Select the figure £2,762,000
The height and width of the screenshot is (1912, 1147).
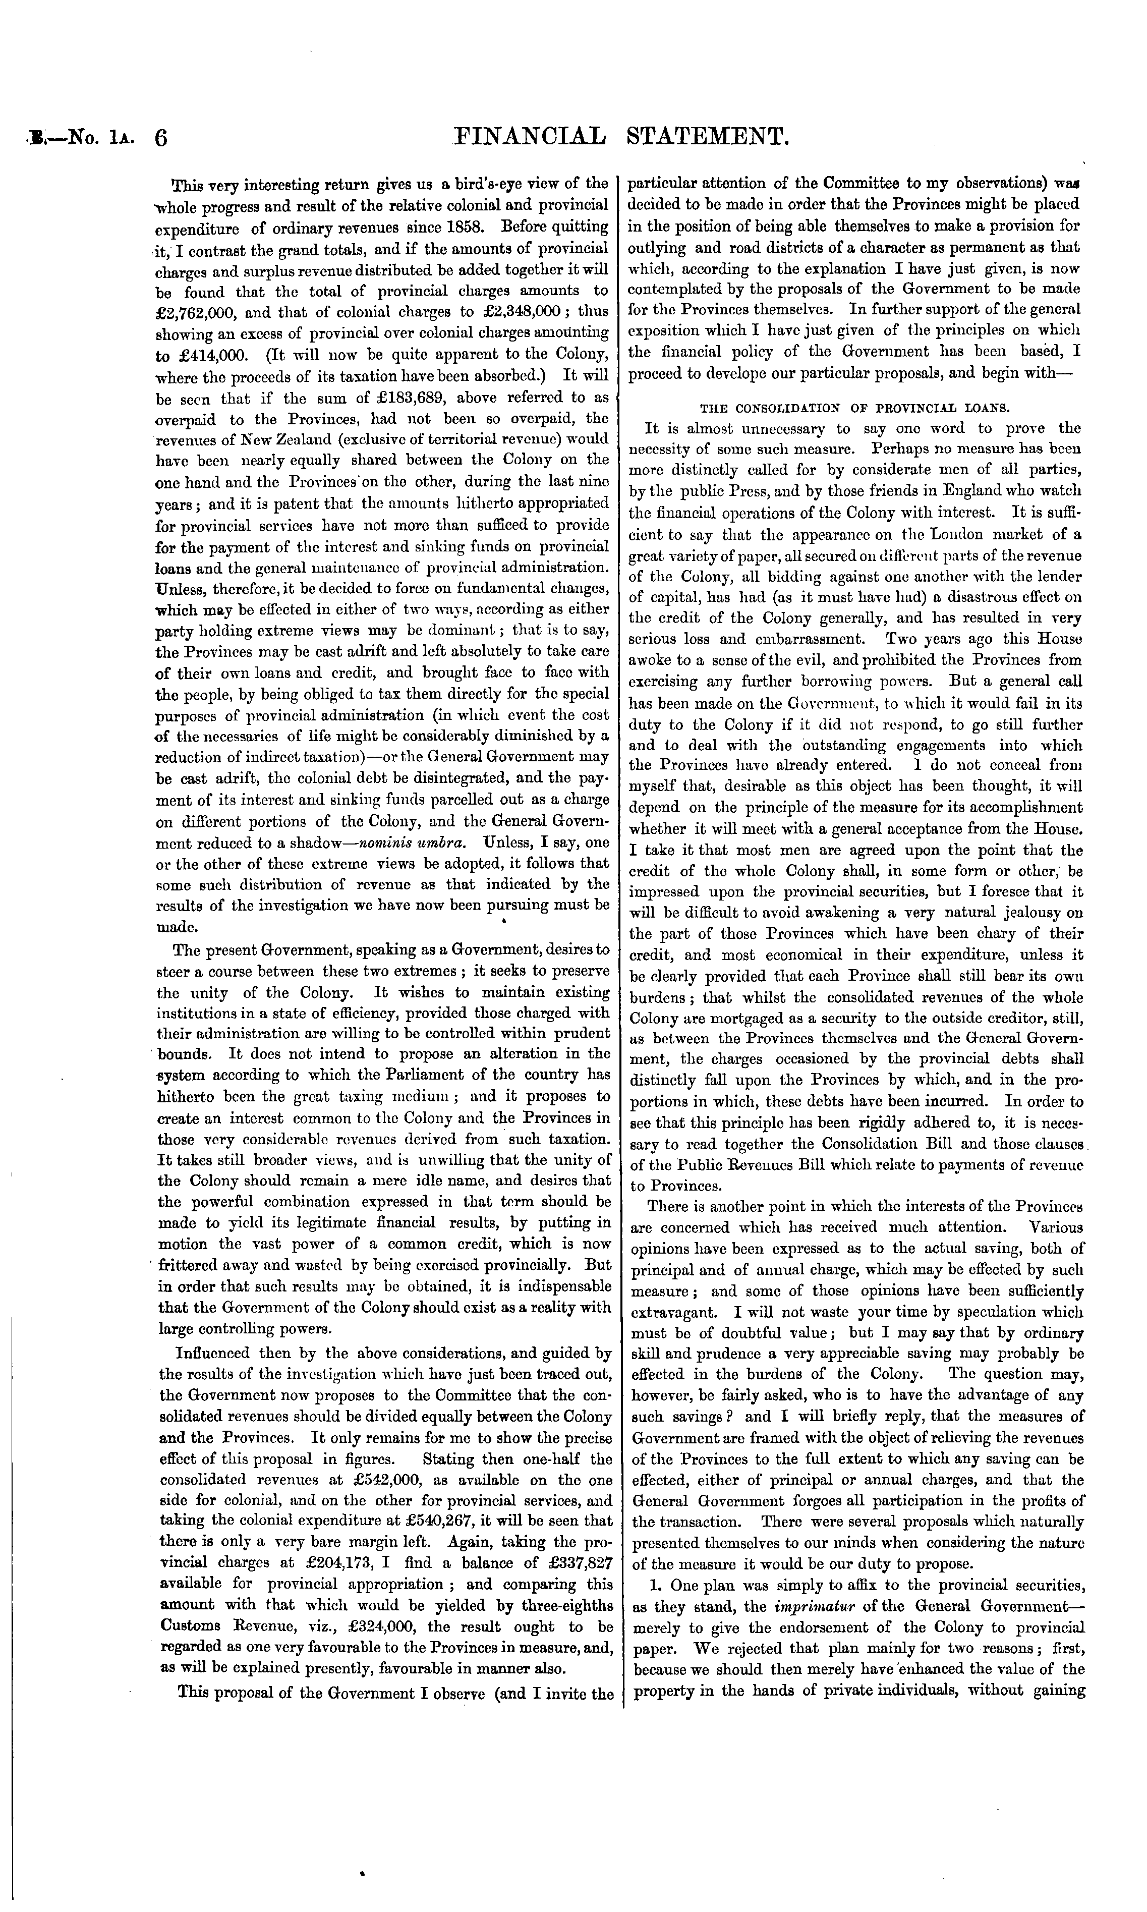[x=199, y=313]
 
